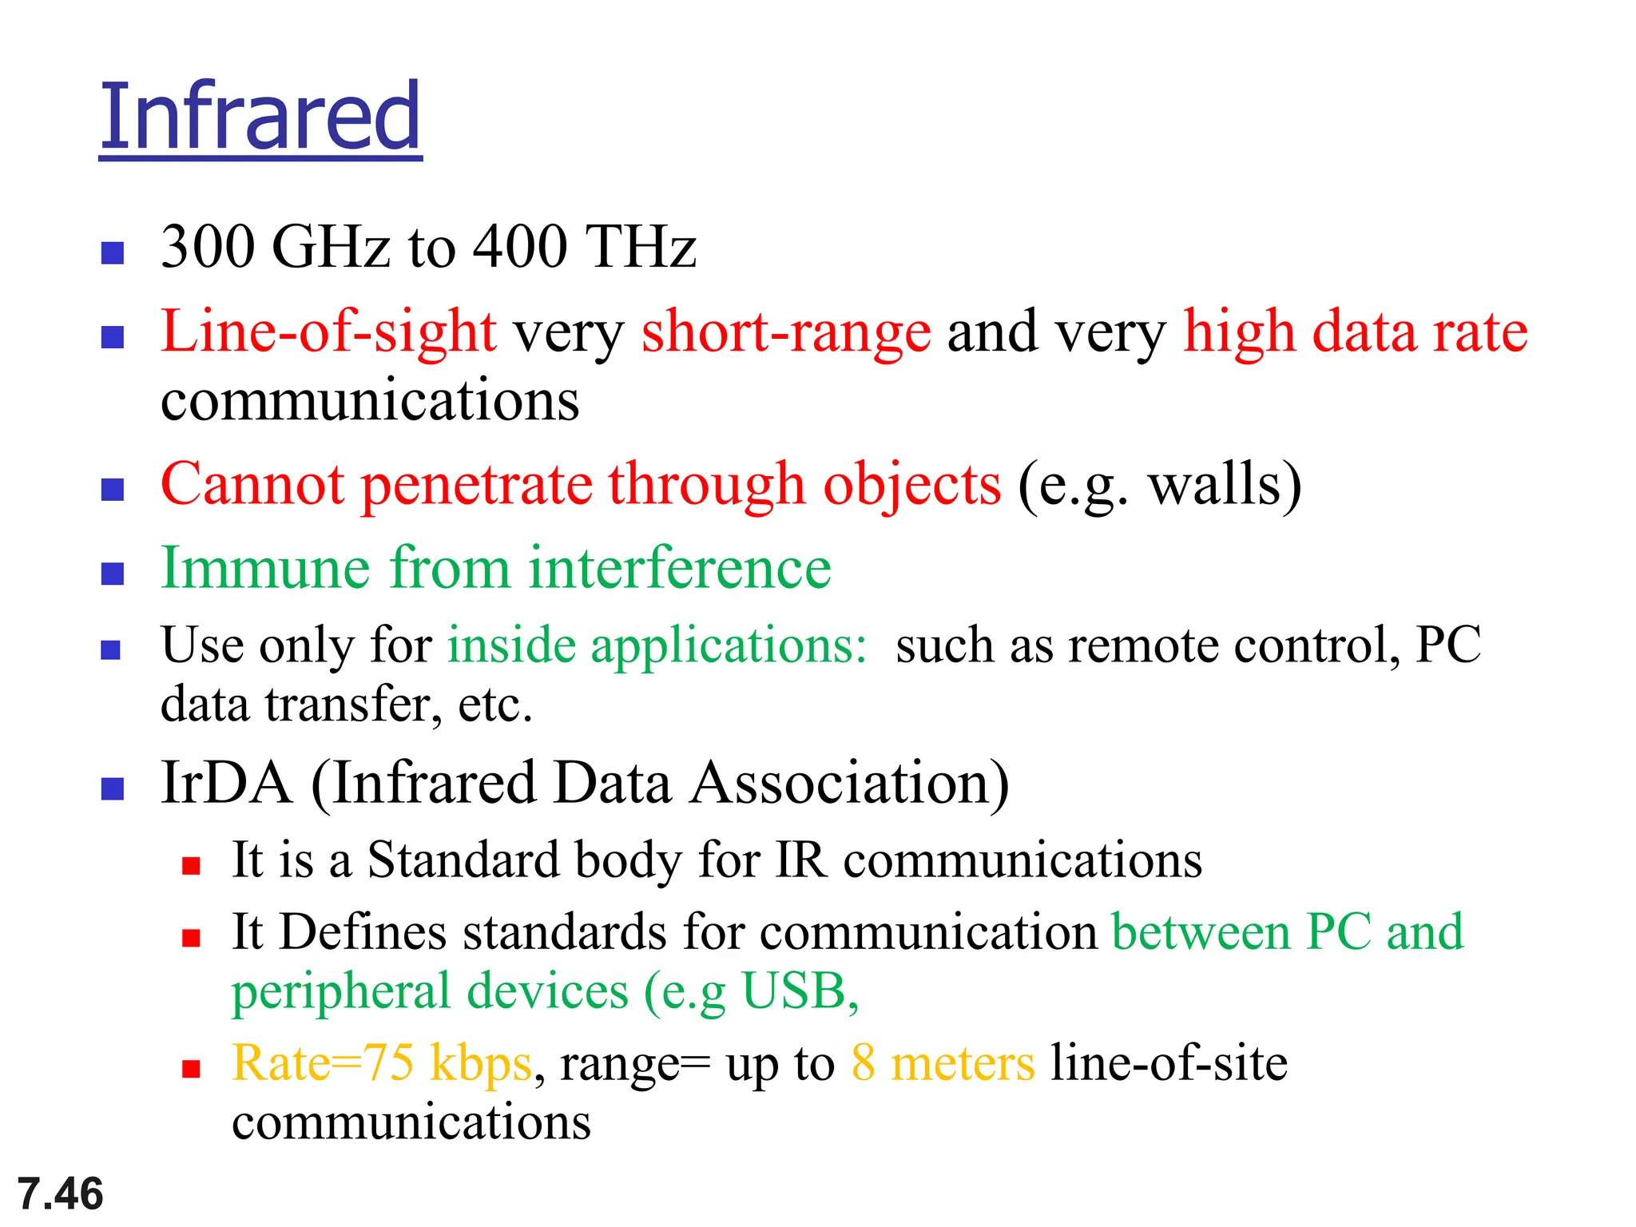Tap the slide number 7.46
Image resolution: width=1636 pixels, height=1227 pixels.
(x=61, y=1193)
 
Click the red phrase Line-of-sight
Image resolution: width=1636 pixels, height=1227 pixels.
(x=328, y=332)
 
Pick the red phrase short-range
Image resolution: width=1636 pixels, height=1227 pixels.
(x=786, y=332)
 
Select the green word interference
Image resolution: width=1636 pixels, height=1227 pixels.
(x=679, y=568)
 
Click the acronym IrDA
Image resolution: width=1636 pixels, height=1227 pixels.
(x=226, y=783)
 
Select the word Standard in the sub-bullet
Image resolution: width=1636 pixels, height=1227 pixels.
(x=463, y=860)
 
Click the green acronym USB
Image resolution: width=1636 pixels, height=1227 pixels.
(x=794, y=991)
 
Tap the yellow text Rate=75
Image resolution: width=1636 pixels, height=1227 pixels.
(x=323, y=1063)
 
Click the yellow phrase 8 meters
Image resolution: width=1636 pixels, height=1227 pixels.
(x=943, y=1063)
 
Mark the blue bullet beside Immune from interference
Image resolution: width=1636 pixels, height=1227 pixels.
(x=113, y=574)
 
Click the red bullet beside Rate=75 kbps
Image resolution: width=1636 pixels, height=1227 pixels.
(x=191, y=1069)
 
